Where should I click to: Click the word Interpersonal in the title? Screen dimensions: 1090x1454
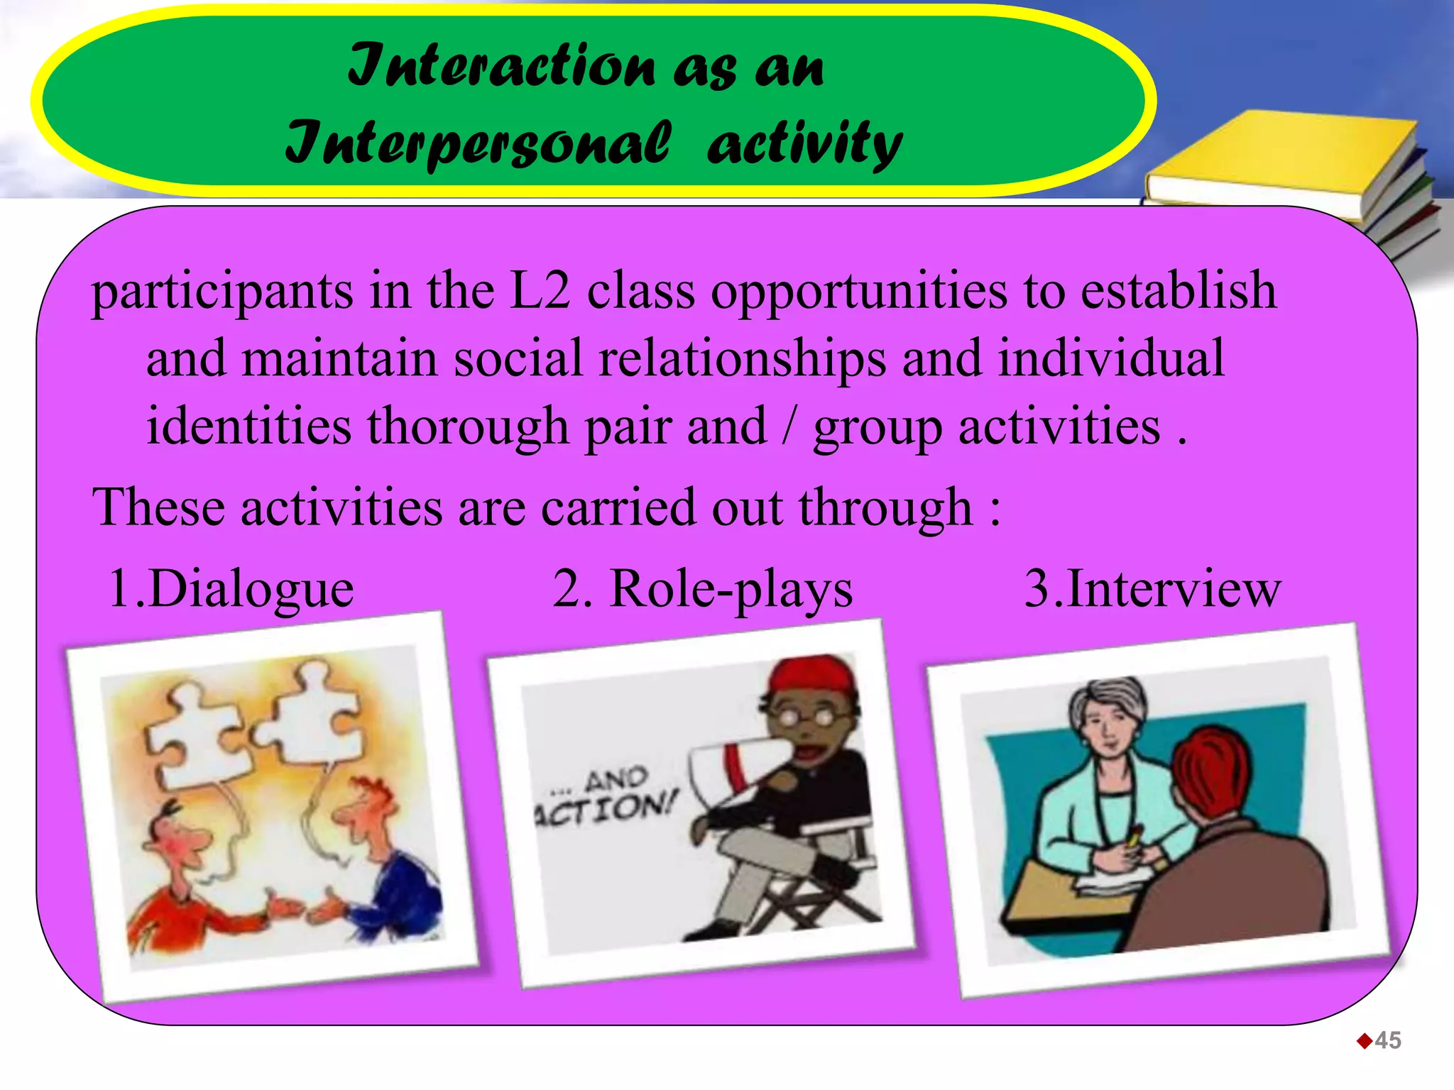477,142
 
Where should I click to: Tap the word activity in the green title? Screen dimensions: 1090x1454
804,142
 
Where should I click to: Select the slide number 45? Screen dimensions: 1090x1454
1387,1040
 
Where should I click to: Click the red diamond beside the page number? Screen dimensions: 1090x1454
1364,1041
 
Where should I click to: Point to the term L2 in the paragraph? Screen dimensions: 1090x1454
540,291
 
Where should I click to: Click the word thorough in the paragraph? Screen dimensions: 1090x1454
468,426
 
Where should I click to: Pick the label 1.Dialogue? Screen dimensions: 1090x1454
231,589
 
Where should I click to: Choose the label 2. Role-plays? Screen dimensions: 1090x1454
702,589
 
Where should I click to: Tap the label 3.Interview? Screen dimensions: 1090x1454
1152,589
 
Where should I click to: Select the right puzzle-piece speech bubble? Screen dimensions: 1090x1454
312,717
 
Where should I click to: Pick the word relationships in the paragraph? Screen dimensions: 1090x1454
742,358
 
